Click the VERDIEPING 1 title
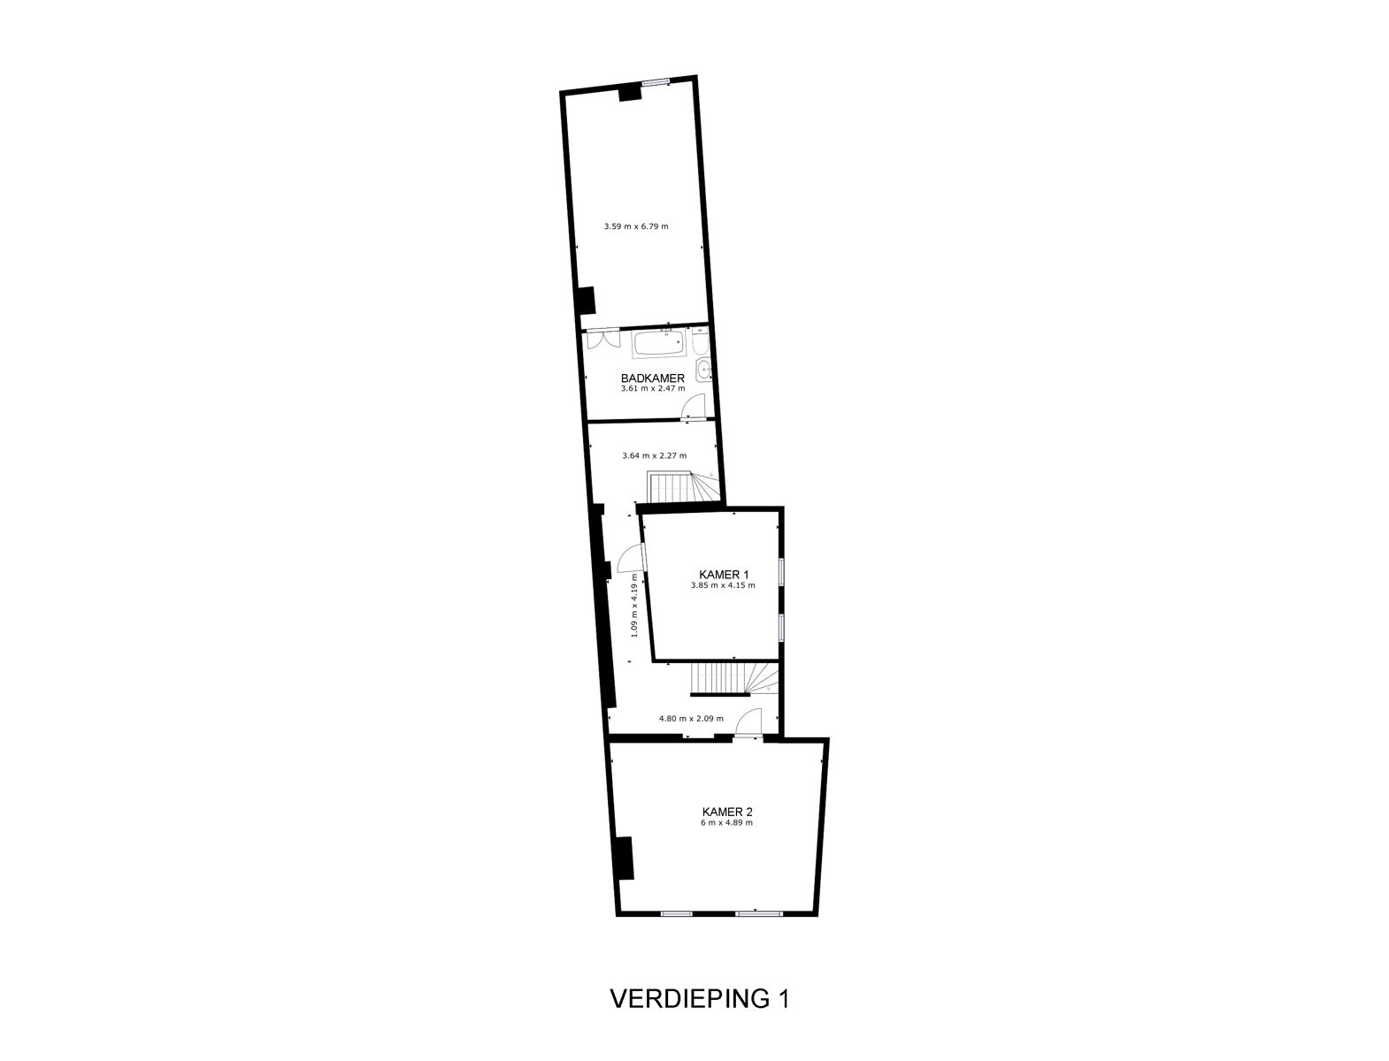tap(699, 999)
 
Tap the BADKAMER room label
tap(653, 378)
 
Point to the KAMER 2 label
tap(726, 811)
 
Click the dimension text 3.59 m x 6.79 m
tap(635, 226)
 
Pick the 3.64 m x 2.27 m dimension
tap(654, 456)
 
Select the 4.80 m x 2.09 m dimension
tap(690, 719)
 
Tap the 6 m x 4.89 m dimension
tap(726, 822)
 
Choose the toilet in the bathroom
tap(700, 340)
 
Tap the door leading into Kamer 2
tap(748, 723)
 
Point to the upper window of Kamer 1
tap(781, 571)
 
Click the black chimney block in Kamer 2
tap(624, 858)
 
